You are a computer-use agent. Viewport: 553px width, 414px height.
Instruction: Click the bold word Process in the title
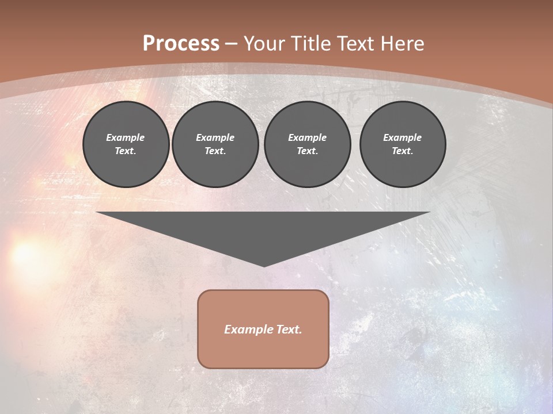pyautogui.click(x=181, y=44)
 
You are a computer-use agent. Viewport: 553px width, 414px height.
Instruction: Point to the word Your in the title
pyautogui.click(x=265, y=44)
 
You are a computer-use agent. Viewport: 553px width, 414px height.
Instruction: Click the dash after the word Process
pyautogui.click(x=231, y=44)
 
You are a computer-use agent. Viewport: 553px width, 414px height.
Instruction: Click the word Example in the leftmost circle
pyautogui.click(x=126, y=137)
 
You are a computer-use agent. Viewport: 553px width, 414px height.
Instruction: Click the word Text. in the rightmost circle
pyautogui.click(x=402, y=151)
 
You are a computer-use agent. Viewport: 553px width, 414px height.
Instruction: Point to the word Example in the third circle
pyautogui.click(x=307, y=137)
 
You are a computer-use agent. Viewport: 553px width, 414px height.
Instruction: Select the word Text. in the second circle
pyautogui.click(x=215, y=151)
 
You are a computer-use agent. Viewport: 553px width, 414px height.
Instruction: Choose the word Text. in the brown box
pyautogui.click(x=289, y=329)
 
